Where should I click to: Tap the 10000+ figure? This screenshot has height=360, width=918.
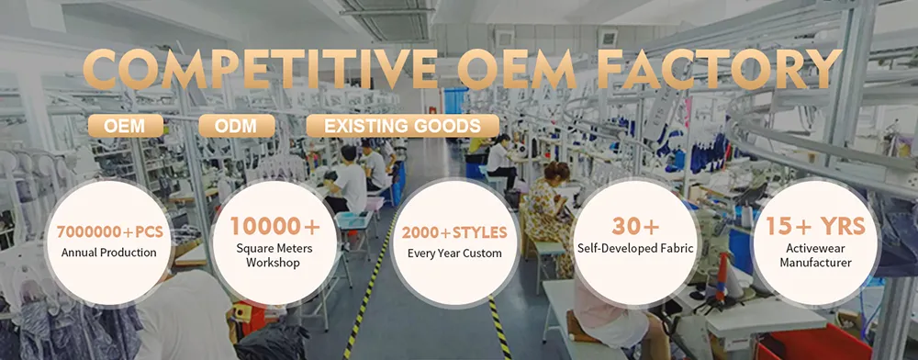click(x=275, y=226)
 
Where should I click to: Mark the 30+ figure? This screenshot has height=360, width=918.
click(x=634, y=225)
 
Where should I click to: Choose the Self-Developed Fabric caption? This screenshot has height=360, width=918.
click(x=634, y=248)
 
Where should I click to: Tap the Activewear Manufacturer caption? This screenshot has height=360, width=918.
click(x=814, y=254)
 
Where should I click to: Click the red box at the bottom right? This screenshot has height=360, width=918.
click(x=808, y=345)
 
